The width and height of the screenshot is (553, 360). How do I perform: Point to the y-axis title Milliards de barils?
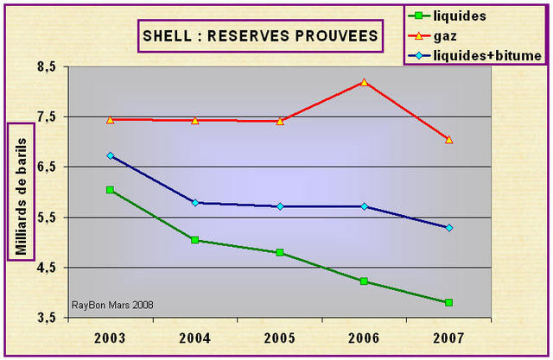[22, 190]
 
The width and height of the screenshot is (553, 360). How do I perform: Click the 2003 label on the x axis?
[110, 337]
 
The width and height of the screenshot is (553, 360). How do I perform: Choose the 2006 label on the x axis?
[364, 337]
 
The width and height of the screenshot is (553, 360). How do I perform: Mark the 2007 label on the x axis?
[448, 337]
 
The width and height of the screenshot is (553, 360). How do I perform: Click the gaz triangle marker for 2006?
[365, 82]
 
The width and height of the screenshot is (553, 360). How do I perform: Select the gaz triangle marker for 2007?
[449, 139]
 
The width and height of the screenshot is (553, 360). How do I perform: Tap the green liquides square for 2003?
[110, 190]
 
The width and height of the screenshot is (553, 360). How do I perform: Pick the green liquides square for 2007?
[449, 302]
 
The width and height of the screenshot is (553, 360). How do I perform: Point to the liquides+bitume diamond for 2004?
[195, 203]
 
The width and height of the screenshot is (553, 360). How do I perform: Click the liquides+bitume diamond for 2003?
[110, 156]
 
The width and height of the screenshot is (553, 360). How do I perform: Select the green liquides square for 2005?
[280, 253]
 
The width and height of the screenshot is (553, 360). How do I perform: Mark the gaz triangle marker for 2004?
[195, 121]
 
